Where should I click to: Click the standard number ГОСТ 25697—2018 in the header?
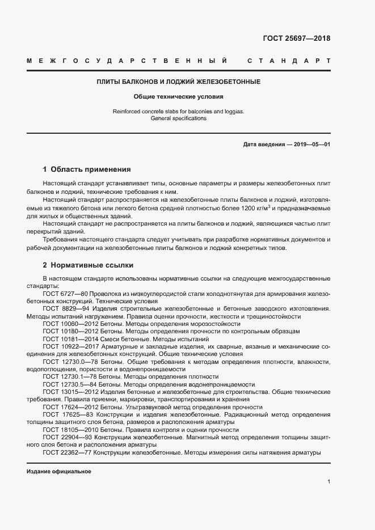click(x=296, y=39)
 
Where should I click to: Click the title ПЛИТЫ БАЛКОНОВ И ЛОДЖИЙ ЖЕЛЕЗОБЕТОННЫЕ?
click(x=179, y=82)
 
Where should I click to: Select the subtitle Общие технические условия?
click(x=179, y=96)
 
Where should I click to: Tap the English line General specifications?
click(x=179, y=118)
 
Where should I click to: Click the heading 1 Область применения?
click(x=87, y=169)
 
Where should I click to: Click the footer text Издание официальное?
click(x=58, y=472)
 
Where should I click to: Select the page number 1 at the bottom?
click(x=328, y=482)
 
